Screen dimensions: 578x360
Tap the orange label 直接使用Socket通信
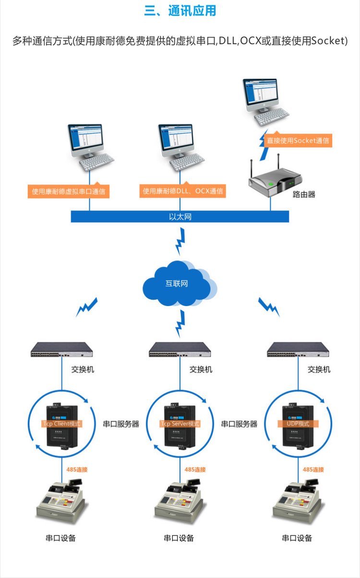click(298, 141)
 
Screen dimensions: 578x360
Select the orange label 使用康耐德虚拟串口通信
click(68, 191)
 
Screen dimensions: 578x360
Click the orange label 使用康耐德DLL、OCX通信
click(182, 191)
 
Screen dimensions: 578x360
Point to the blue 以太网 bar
click(180, 217)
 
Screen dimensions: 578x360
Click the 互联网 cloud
click(177, 283)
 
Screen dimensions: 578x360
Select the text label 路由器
click(304, 194)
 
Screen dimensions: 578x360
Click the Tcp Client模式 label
click(62, 424)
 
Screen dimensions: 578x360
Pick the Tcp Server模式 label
click(180, 424)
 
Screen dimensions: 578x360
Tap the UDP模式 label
click(298, 424)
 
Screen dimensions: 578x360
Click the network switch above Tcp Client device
click(62, 350)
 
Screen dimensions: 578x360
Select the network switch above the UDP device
click(298, 350)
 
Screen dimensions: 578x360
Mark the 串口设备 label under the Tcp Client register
click(61, 538)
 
